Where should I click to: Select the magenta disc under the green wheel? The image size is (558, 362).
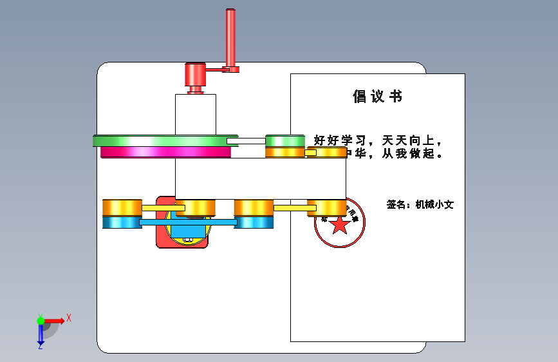coord(165,152)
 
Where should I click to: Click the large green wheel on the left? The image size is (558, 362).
coord(161,140)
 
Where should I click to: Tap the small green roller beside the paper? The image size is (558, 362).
coord(284,140)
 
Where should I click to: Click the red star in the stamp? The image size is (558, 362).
coord(340,225)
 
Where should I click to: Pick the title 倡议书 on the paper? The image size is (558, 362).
coord(378,97)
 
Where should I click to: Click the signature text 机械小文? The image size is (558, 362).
coord(434,205)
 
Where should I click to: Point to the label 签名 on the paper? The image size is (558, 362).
coord(397,205)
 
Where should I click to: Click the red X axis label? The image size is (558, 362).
coord(68,318)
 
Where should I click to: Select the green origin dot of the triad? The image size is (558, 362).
coord(41,321)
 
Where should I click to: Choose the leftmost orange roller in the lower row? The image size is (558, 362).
coord(122,207)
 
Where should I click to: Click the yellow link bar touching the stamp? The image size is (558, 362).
coord(293,208)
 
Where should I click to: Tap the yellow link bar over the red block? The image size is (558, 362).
coord(163,208)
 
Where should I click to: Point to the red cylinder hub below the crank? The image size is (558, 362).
coord(194,77)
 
